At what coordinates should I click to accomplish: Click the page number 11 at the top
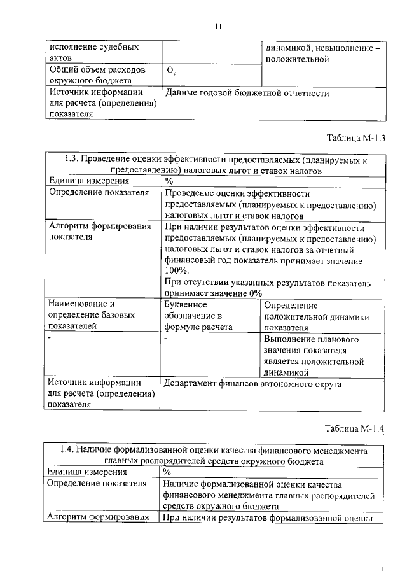point(218,26)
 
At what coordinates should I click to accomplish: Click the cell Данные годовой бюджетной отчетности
point(247,93)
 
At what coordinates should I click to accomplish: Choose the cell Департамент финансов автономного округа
point(252,384)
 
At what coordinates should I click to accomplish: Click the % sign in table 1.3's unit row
point(169,181)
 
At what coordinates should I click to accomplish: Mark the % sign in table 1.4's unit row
point(167,472)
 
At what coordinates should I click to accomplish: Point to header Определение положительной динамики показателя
point(316,316)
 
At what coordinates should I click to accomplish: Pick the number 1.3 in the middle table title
point(72,160)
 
